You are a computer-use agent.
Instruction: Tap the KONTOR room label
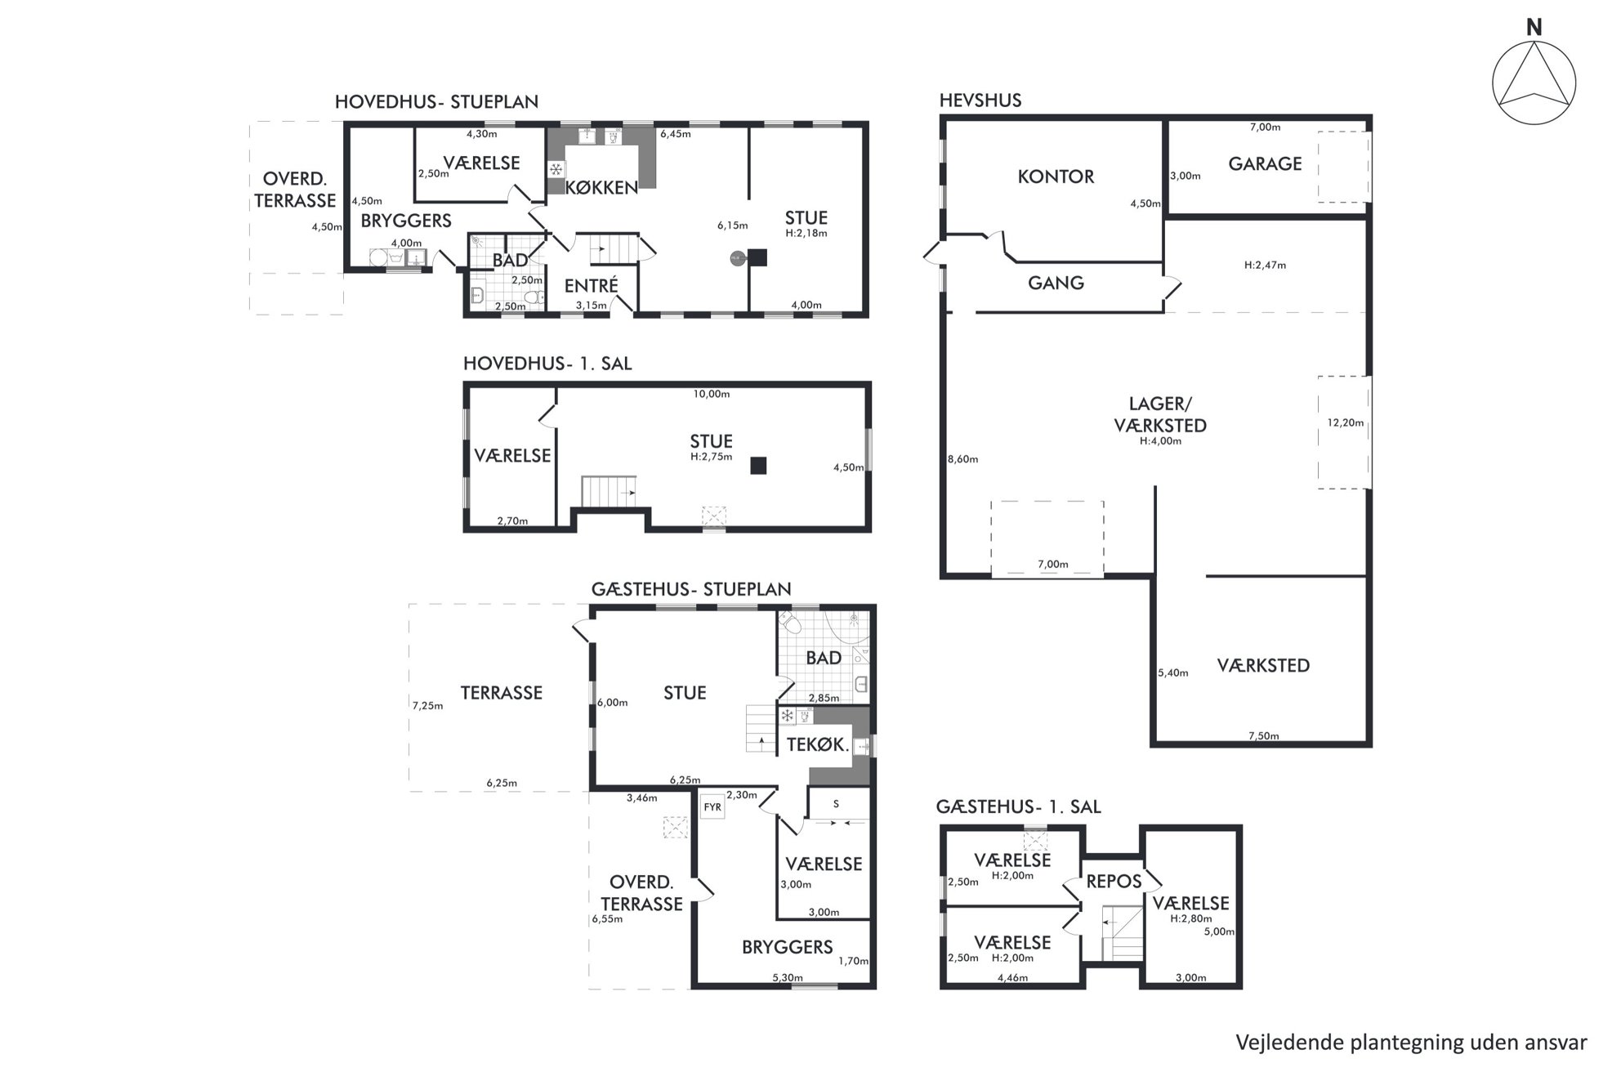coord(1056,176)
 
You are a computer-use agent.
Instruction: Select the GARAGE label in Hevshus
coord(1265,164)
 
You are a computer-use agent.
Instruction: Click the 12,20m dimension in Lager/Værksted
coord(1345,422)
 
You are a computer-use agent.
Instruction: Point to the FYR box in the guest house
coord(712,807)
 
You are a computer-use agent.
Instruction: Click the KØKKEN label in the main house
coord(601,188)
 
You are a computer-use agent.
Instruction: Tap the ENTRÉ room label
coord(591,285)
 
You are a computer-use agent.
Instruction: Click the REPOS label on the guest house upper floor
coord(1114,882)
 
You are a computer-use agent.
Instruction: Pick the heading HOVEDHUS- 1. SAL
coord(547,364)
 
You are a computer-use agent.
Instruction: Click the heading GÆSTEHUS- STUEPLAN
coord(691,589)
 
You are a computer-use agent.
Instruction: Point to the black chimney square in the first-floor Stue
coord(759,466)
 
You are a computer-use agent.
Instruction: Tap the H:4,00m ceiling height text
coord(1160,441)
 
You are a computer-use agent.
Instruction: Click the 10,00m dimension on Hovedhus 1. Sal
coord(711,394)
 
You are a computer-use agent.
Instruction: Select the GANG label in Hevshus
coord(1056,283)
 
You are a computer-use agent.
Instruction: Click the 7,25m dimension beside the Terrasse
coord(427,706)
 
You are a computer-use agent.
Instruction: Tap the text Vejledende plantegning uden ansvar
coord(1411,1043)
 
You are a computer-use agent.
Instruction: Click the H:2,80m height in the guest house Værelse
coord(1190,918)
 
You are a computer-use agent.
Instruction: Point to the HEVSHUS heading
coord(980,101)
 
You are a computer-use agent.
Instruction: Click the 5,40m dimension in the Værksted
coord(1172,673)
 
